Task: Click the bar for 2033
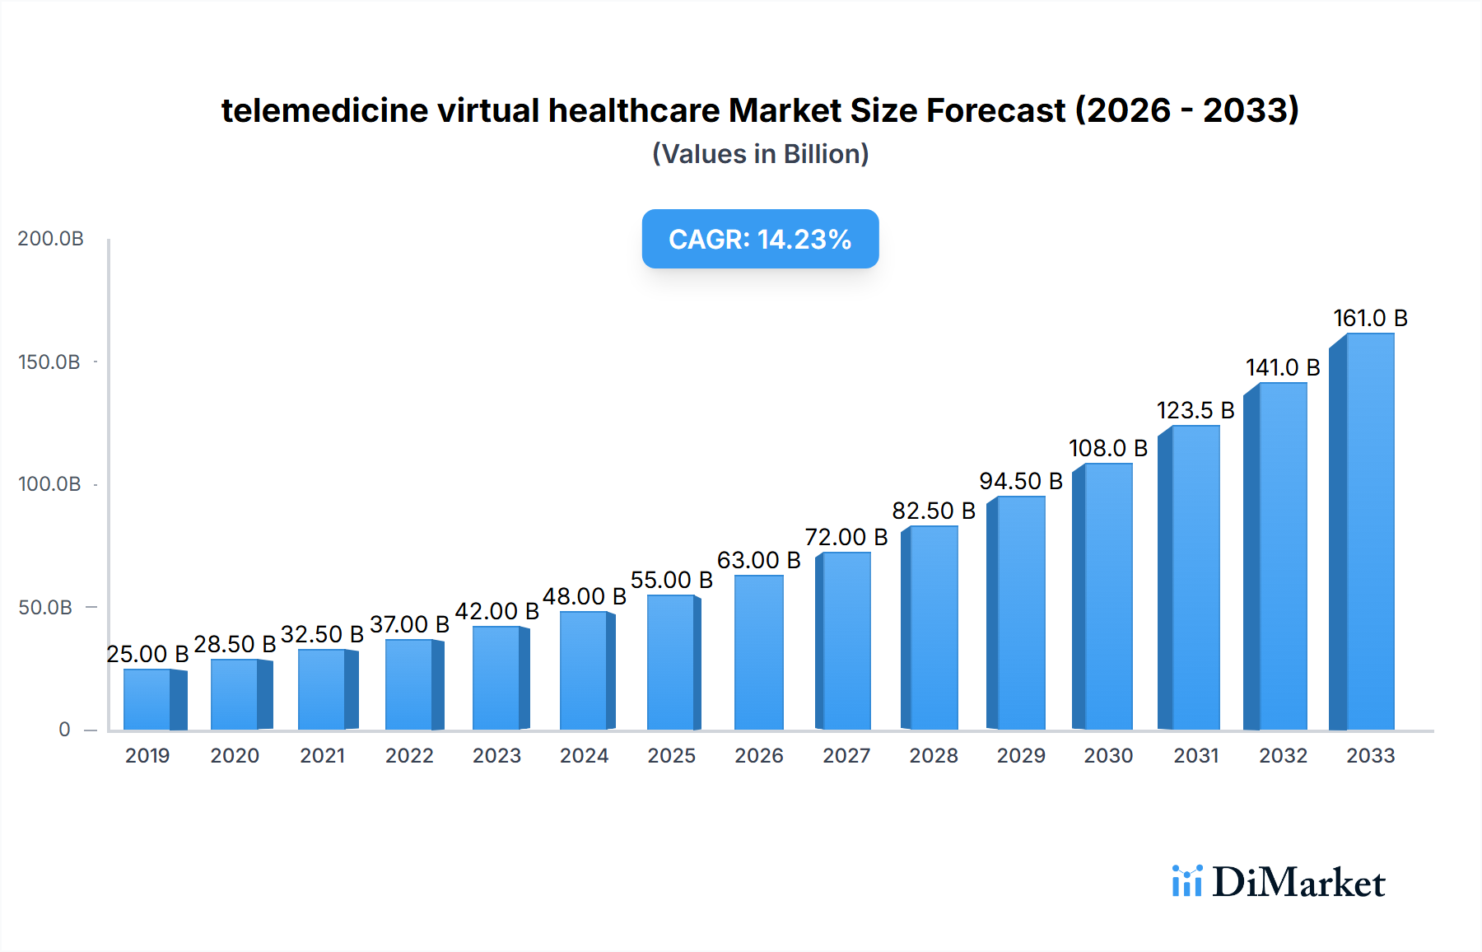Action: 1369,532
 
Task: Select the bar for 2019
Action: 148,699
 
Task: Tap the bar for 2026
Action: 758,652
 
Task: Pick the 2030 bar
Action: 1107,596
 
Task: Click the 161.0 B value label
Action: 1370,319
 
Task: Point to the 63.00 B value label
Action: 758,561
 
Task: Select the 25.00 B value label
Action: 147,655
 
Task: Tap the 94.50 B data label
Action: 1020,482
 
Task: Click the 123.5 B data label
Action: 1195,411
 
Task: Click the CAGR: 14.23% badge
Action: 760,240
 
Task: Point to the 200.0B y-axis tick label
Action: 50,239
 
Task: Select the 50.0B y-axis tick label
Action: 45,608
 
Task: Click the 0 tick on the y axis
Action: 64,730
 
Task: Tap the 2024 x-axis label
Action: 584,756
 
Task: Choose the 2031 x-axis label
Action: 1195,756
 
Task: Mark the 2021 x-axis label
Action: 322,756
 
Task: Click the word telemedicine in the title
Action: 324,110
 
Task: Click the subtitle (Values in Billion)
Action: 760,154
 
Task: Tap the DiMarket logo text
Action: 1298,883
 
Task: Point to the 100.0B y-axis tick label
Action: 49,484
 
